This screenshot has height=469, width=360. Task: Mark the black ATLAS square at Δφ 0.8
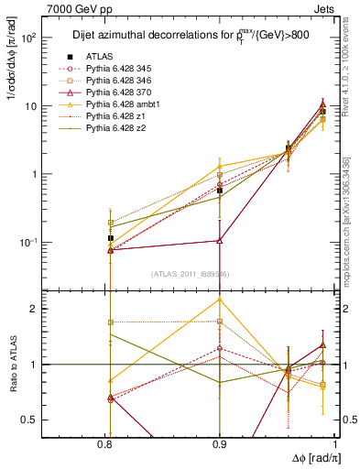coord(111,238)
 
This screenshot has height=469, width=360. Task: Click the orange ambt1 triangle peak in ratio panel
coord(219,300)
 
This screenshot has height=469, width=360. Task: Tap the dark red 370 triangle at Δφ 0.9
coord(219,241)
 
